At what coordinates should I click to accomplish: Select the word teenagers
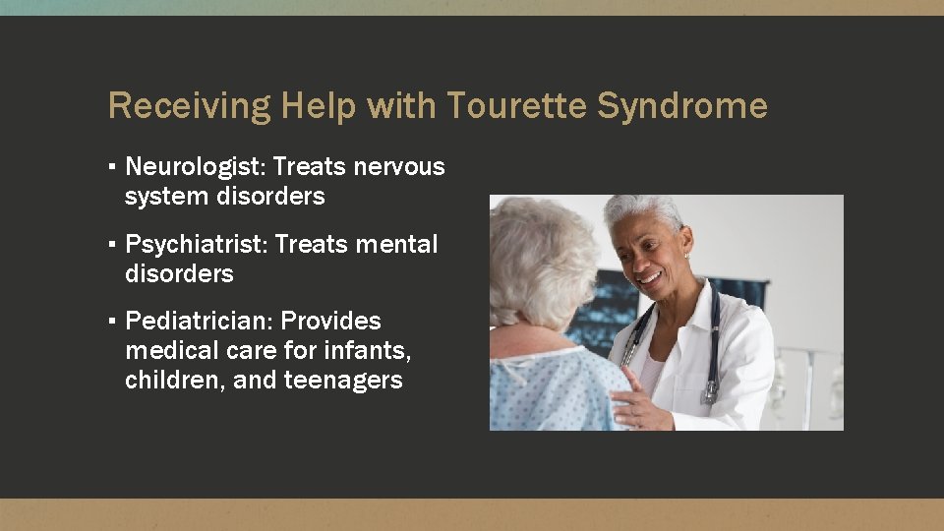tap(343, 381)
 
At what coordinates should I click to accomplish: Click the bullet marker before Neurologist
tap(114, 167)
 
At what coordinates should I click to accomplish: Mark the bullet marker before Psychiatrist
tap(114, 244)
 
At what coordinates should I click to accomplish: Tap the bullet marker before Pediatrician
tap(114, 321)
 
